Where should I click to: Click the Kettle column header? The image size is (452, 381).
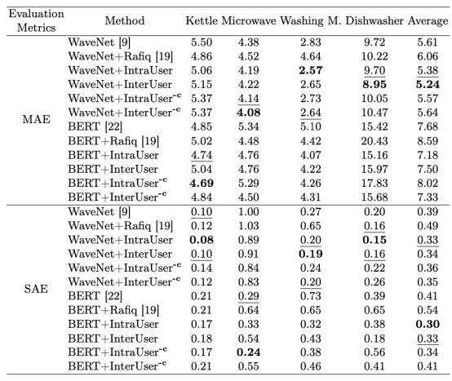coord(202,20)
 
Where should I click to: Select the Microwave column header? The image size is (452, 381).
coord(249,20)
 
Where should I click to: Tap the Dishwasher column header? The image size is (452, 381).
coord(374,20)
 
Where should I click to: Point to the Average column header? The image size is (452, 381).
coord(428,21)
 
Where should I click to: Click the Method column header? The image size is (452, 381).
coord(125,20)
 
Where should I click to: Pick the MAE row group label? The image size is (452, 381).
coord(37,119)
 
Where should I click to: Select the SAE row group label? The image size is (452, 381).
coord(37,289)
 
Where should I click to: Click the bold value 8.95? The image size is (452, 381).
coord(374,85)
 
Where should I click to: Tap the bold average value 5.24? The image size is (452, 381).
coord(428,85)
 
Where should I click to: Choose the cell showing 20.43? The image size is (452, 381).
coord(374,141)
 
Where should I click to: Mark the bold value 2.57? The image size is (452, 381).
coord(311,70)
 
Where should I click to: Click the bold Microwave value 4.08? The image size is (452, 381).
coord(249,113)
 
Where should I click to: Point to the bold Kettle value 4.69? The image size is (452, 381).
coord(202,184)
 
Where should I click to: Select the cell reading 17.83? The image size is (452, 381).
coord(374,184)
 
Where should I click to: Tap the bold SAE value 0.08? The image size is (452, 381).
coord(202,240)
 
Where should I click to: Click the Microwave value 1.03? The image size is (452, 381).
coord(249,226)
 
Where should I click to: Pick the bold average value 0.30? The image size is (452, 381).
coord(428,324)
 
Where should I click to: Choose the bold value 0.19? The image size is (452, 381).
coord(311,254)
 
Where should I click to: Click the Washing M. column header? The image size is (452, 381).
coord(311,21)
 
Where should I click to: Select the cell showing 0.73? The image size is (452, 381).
coord(311,296)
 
